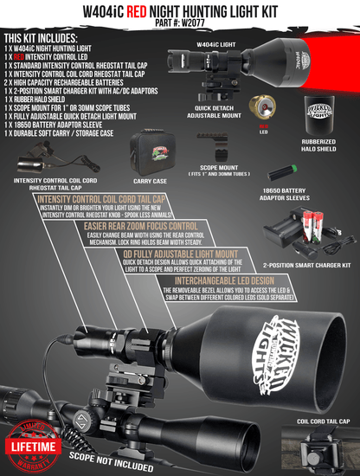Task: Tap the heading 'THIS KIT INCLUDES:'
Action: coord(48,39)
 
